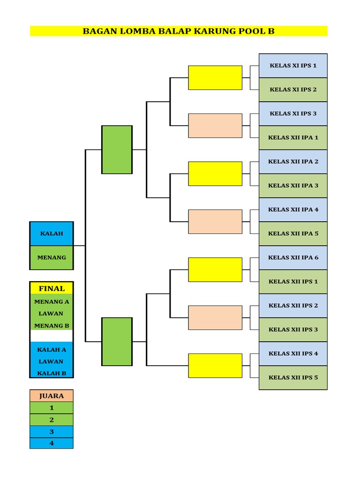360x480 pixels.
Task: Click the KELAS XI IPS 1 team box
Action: pos(293,66)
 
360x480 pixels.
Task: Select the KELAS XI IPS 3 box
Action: pos(293,113)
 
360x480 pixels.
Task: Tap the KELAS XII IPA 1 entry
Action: pos(293,138)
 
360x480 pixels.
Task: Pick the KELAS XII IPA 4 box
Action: pos(293,210)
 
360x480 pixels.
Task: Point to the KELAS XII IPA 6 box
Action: pos(293,257)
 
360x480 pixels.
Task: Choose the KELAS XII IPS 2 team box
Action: pos(293,306)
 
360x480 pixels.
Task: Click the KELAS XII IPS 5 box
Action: pos(293,377)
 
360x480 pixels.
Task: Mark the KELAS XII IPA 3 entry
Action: pos(293,186)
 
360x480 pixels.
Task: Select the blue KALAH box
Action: pos(52,233)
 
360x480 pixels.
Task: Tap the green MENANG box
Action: pos(52,257)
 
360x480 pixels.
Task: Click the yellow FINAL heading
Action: pos(52,288)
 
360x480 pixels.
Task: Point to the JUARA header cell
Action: pos(52,396)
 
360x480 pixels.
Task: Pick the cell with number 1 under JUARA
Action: pos(52,408)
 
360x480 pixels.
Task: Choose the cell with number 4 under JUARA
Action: pos(52,443)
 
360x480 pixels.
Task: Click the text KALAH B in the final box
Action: pos(52,373)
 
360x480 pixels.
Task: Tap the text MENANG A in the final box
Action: pos(52,301)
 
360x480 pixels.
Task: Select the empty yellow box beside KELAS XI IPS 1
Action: pos(215,77)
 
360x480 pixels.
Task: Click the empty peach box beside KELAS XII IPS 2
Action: pos(215,318)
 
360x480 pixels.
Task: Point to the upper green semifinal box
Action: pos(117,150)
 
